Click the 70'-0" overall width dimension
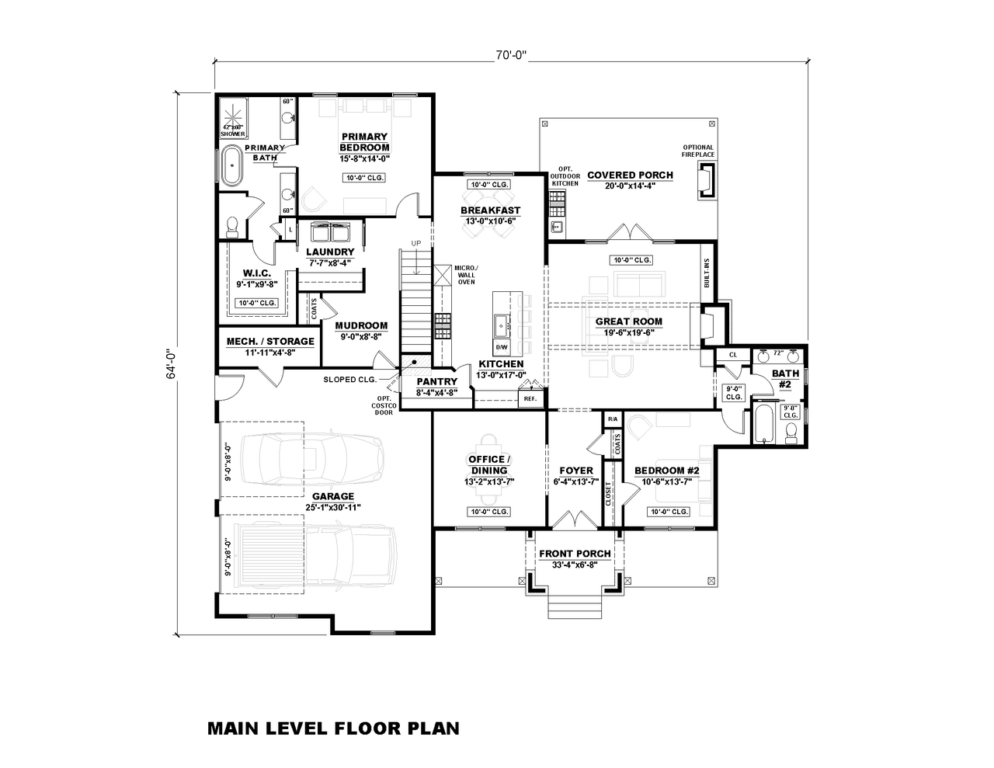point(511,55)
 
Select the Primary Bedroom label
point(364,142)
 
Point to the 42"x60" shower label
point(232,130)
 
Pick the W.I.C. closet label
point(255,273)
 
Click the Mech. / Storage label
point(270,341)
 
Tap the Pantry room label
point(436,381)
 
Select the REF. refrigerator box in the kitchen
point(530,398)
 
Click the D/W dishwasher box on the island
point(501,346)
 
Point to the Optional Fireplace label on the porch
point(698,151)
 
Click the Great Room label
point(628,321)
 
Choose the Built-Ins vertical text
point(707,273)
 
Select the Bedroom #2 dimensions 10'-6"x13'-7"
point(667,481)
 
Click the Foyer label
point(576,471)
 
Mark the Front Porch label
point(575,554)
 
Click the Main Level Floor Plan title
point(333,728)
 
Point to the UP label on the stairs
point(416,243)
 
